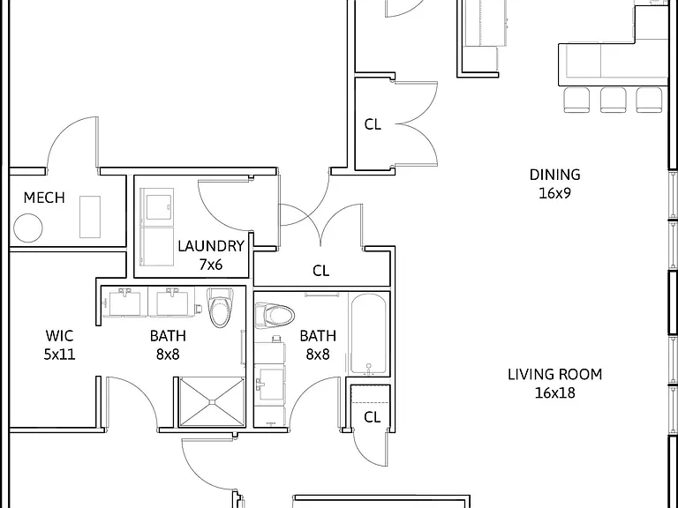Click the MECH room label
(x=44, y=198)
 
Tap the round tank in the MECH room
(x=28, y=228)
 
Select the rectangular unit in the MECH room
(x=90, y=217)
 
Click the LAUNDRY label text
(x=211, y=246)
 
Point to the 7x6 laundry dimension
(x=211, y=265)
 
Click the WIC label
(x=59, y=336)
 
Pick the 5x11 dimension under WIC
(x=59, y=355)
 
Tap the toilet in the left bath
(x=221, y=307)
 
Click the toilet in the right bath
(x=275, y=315)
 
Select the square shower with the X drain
(x=212, y=402)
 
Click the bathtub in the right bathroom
(x=368, y=334)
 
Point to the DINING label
(x=554, y=175)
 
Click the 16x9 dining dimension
(x=554, y=193)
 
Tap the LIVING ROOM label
(x=554, y=375)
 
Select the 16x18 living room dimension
(x=554, y=393)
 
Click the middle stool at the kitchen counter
(x=613, y=100)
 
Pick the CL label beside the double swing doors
(x=373, y=124)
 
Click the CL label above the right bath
(x=320, y=271)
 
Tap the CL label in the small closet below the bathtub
(x=373, y=417)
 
